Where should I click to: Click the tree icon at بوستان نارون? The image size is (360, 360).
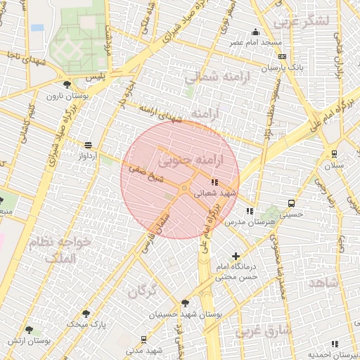tap(67, 84)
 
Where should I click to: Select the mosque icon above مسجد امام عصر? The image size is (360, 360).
tap(255, 32)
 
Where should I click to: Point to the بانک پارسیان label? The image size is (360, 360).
tap(283, 68)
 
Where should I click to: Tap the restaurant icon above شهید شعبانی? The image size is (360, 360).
tap(214, 181)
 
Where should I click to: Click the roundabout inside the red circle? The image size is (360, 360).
tap(184, 188)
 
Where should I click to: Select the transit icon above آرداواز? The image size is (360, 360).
tap(88, 145)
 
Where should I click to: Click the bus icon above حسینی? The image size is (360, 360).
tap(291, 204)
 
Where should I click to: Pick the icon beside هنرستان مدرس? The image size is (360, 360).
tap(250, 210)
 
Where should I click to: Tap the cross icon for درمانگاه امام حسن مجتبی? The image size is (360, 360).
tap(236, 257)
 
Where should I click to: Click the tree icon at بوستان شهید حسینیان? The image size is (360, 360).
tap(185, 303)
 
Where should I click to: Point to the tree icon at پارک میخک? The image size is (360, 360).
tap(86, 314)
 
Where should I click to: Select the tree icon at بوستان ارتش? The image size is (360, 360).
tap(29, 329)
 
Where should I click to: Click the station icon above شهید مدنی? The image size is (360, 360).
tap(144, 339)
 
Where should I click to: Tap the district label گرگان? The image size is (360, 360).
tap(141, 290)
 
